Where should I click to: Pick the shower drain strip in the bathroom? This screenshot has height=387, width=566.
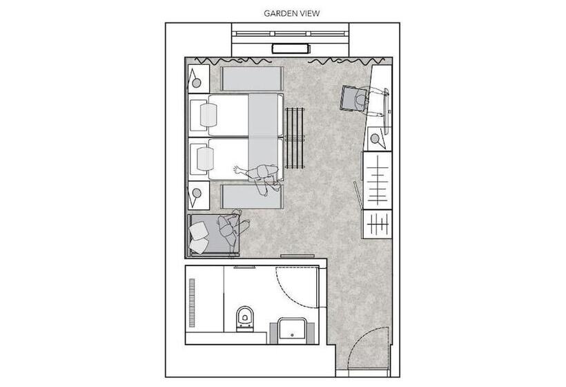(x=192, y=303)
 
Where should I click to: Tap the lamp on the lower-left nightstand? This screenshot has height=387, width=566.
(x=197, y=193)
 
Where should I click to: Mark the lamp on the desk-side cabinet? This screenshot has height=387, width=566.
(x=375, y=139)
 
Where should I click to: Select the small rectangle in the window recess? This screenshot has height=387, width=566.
(x=289, y=48)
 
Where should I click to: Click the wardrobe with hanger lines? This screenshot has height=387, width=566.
(x=378, y=180)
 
